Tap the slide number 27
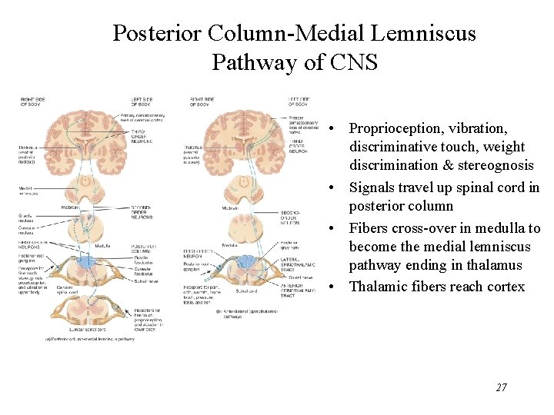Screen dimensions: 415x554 coord(501,387)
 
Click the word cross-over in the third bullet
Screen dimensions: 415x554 coord(422,228)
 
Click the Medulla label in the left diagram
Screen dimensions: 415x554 coord(102,246)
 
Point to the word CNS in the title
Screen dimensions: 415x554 coord(355,62)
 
